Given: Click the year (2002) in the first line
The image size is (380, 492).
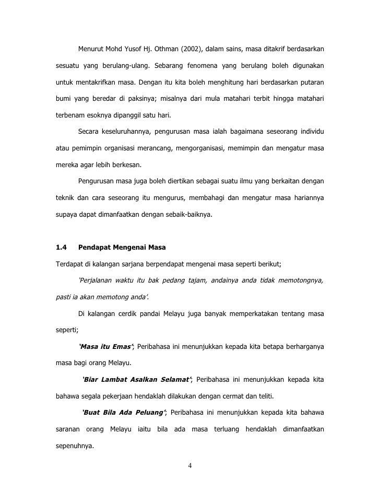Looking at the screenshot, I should coord(193,50).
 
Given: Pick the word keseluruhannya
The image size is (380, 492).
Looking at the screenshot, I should coord(130,131).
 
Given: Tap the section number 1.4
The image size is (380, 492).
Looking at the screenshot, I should coord(62,247).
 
